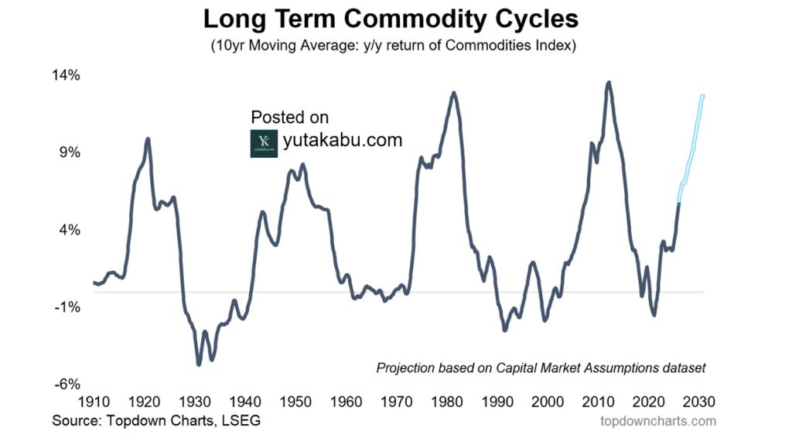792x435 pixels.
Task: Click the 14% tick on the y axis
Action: click(67, 76)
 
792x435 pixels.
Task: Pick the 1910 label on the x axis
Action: click(94, 402)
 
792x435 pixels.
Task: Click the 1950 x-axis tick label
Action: click(295, 402)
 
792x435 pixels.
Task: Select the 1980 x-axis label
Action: click(447, 402)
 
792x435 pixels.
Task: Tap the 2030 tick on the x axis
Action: click(699, 402)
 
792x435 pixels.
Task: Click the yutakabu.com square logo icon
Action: click(264, 143)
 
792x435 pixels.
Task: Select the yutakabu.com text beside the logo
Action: click(343, 141)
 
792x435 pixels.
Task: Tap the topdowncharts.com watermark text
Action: click(658, 422)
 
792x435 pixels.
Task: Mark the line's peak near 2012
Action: click(609, 82)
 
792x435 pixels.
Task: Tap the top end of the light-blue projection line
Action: click(703, 95)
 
